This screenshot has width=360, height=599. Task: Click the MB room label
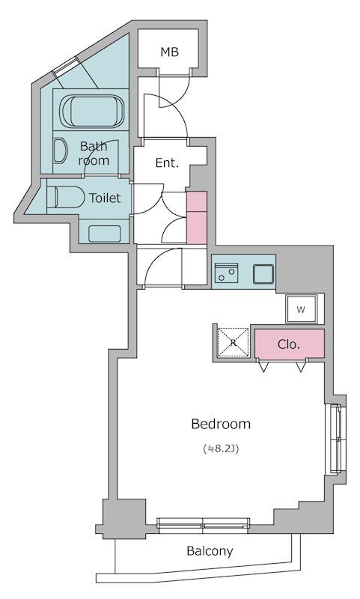point(169,52)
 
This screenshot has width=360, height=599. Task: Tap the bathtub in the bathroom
point(92,111)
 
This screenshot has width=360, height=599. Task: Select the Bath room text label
point(94,153)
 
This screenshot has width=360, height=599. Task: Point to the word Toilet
point(105,198)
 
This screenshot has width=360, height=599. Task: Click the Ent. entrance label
point(167,163)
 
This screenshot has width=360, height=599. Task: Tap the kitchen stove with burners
point(226,273)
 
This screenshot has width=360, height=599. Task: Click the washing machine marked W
point(301,309)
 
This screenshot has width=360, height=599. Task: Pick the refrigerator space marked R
point(234,342)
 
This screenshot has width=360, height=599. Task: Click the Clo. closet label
point(289,344)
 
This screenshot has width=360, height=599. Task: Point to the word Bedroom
point(221,424)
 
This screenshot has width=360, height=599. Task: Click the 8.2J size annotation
point(222,449)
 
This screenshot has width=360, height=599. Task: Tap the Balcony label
point(210,551)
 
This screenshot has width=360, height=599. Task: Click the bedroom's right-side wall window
point(335,439)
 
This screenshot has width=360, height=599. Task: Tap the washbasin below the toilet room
point(105,234)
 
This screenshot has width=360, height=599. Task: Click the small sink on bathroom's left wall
point(59,151)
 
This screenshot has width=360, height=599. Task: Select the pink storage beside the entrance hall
point(196,217)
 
